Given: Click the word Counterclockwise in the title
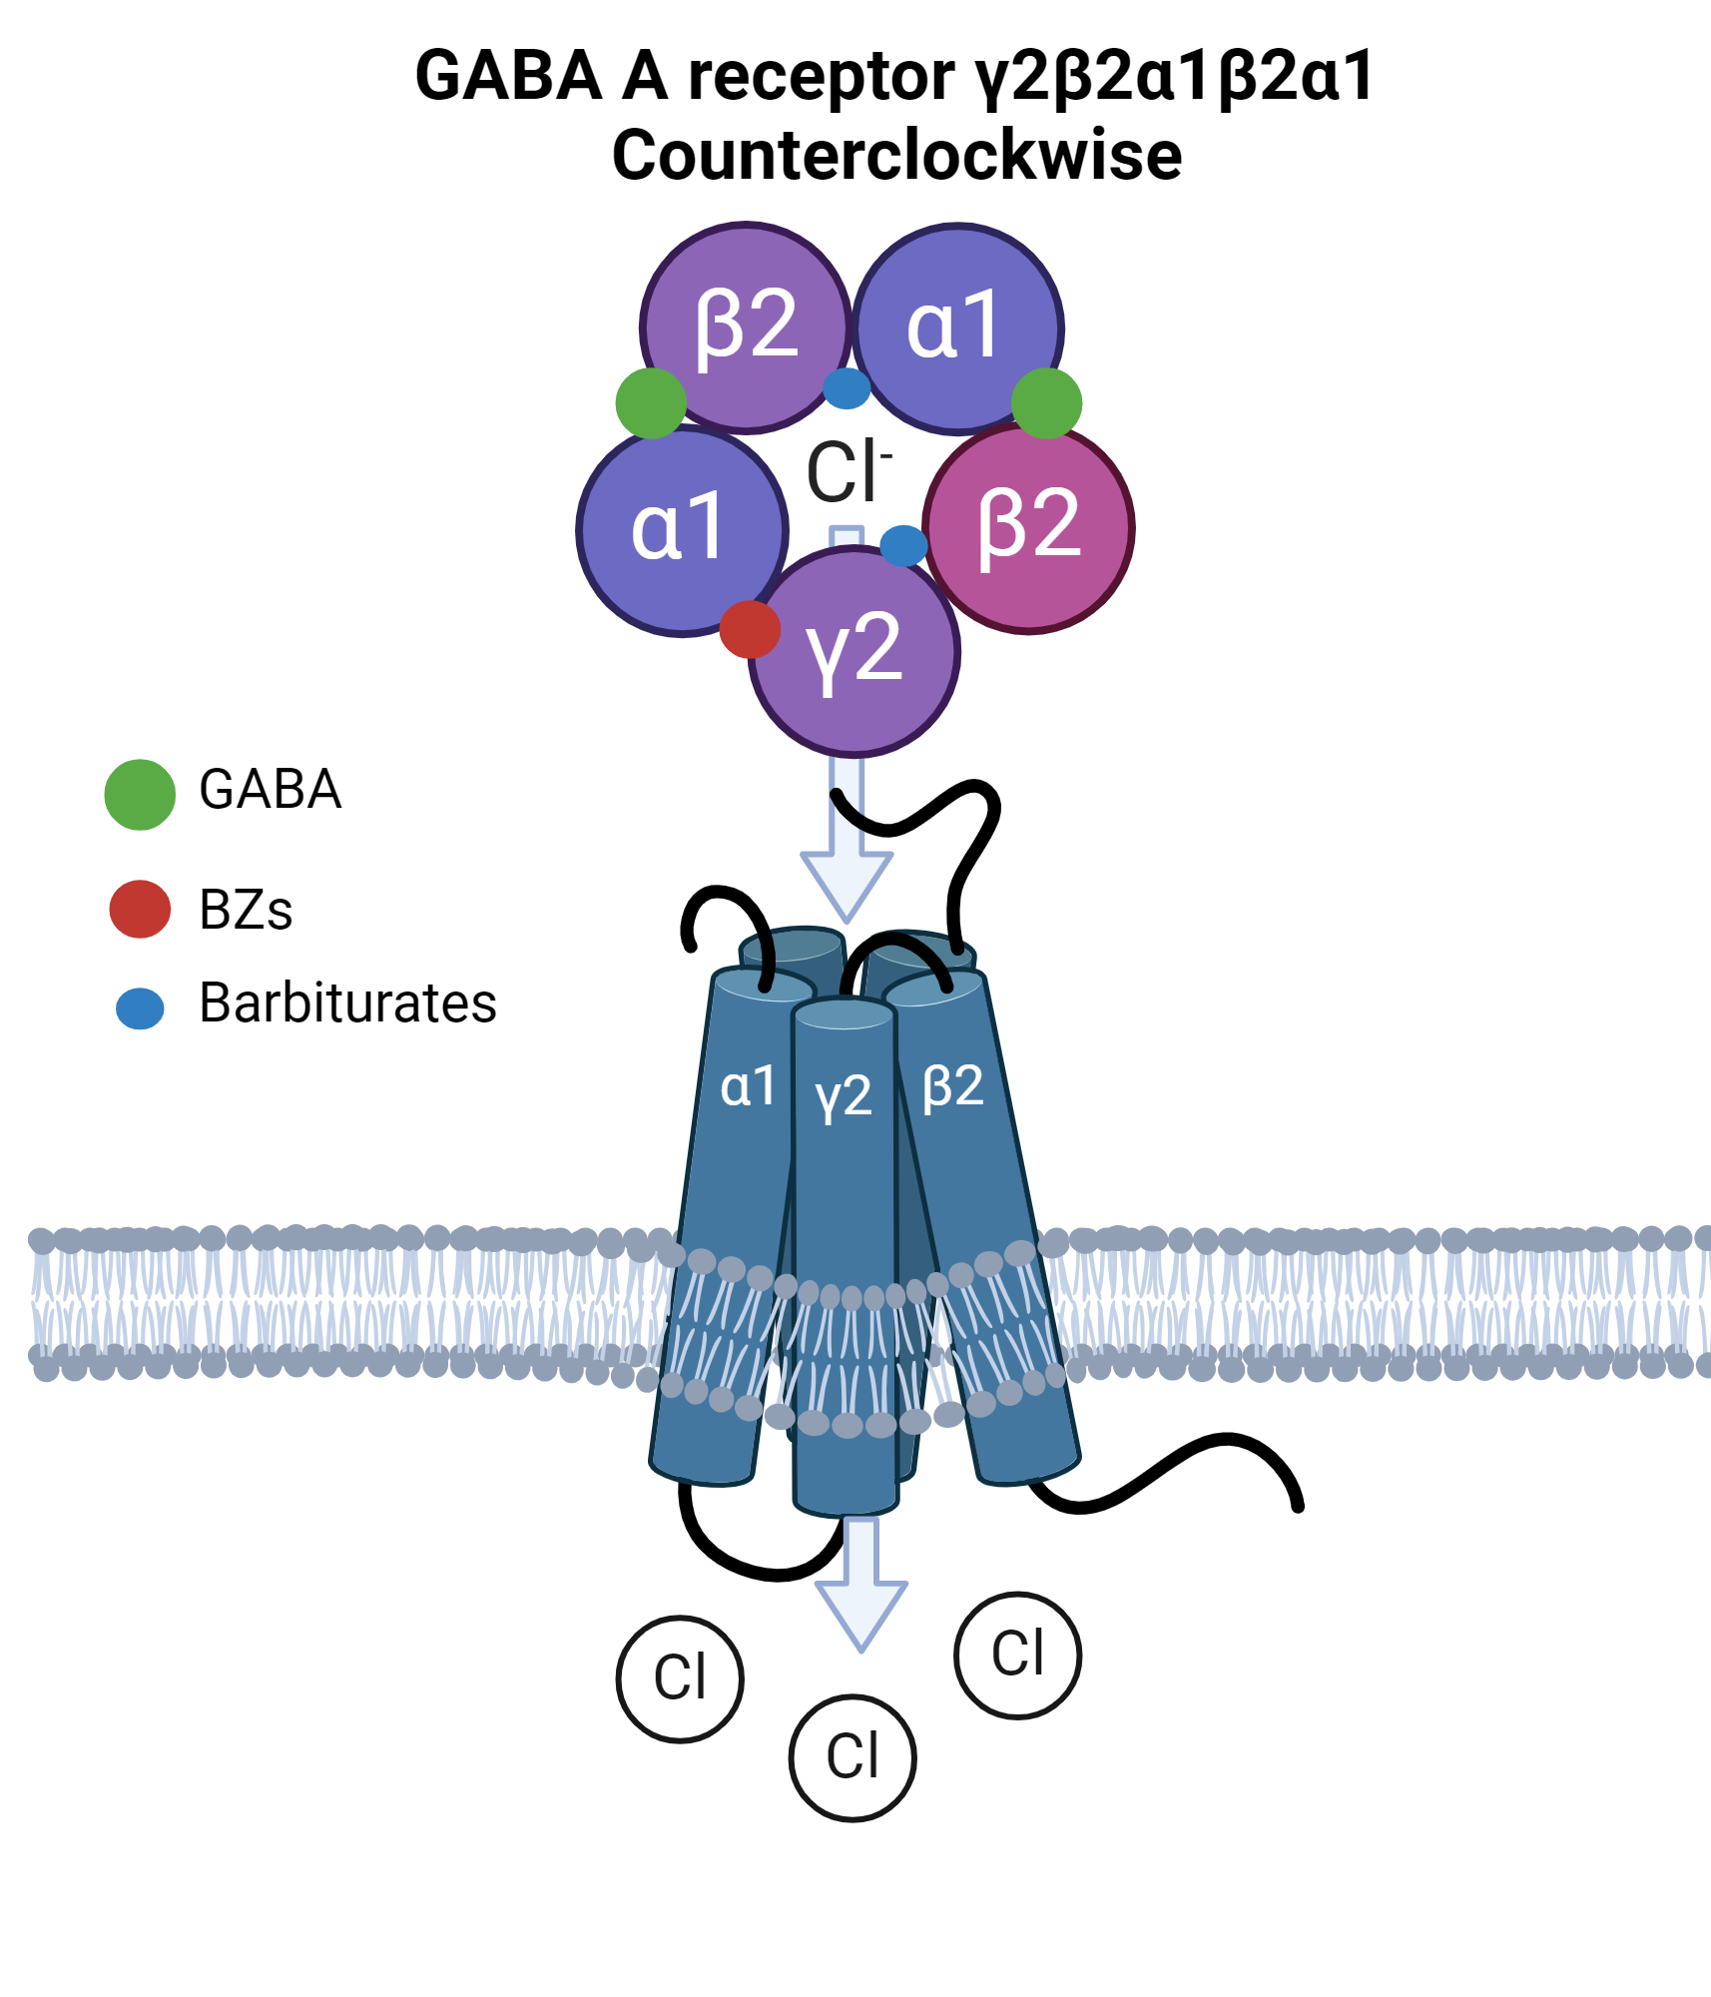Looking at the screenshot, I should point(896,156).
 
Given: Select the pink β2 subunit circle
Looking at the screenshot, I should point(1028,527).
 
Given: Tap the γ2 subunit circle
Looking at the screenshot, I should point(855,651).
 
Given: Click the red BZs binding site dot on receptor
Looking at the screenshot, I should point(750,629).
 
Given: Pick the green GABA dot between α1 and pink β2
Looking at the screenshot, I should point(1046,402).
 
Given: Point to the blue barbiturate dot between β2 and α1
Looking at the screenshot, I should point(847,388).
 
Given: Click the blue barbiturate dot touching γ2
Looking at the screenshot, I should point(903,545).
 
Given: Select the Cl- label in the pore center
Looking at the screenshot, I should point(847,471).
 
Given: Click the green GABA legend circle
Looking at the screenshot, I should point(140,794).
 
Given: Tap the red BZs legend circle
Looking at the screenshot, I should point(140,909).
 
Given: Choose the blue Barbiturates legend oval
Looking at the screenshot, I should point(140,1008).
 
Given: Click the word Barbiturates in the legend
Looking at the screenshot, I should point(347,1002).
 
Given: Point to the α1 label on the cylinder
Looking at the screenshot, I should point(748,1085).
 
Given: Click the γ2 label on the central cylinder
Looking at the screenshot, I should point(844,1095).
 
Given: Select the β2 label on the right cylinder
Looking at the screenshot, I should point(953,1085).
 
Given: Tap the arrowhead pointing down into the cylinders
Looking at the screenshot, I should point(847,884).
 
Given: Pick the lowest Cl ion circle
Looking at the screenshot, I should point(853,1757).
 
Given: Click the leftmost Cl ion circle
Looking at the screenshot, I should point(680,1678).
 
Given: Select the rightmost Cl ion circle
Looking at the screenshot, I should point(1017,1655).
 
